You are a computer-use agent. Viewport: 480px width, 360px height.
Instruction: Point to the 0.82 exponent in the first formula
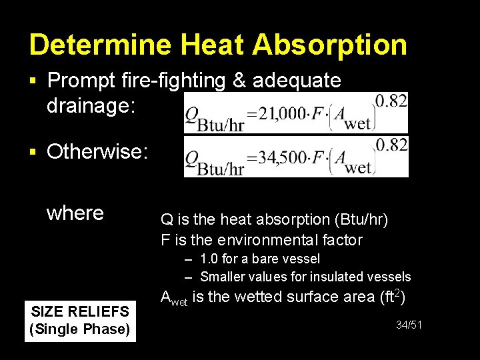(x=391, y=101)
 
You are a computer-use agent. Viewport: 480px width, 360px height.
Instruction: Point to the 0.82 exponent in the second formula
(x=391, y=145)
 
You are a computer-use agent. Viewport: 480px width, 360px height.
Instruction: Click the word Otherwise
(x=97, y=152)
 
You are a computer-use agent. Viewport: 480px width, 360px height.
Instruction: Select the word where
(x=75, y=213)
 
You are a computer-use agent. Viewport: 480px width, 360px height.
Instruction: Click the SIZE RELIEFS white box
(x=80, y=320)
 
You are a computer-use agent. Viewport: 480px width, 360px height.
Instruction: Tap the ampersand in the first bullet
(x=241, y=81)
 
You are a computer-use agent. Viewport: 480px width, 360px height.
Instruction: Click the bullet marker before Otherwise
(x=33, y=153)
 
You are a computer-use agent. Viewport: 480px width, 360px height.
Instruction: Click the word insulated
(x=340, y=277)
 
